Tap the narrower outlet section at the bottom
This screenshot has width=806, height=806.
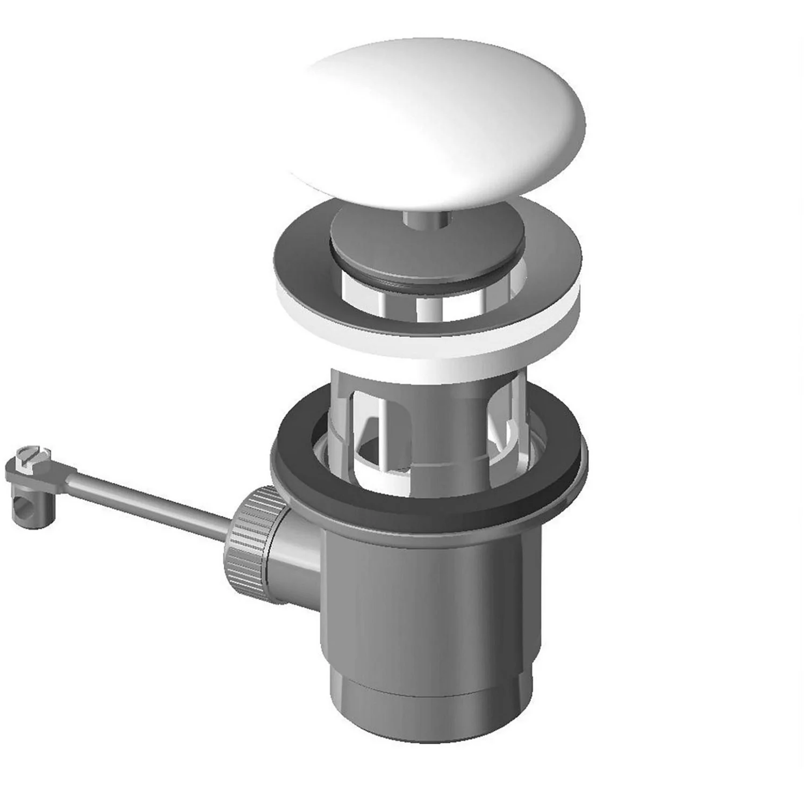tap(430, 736)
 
